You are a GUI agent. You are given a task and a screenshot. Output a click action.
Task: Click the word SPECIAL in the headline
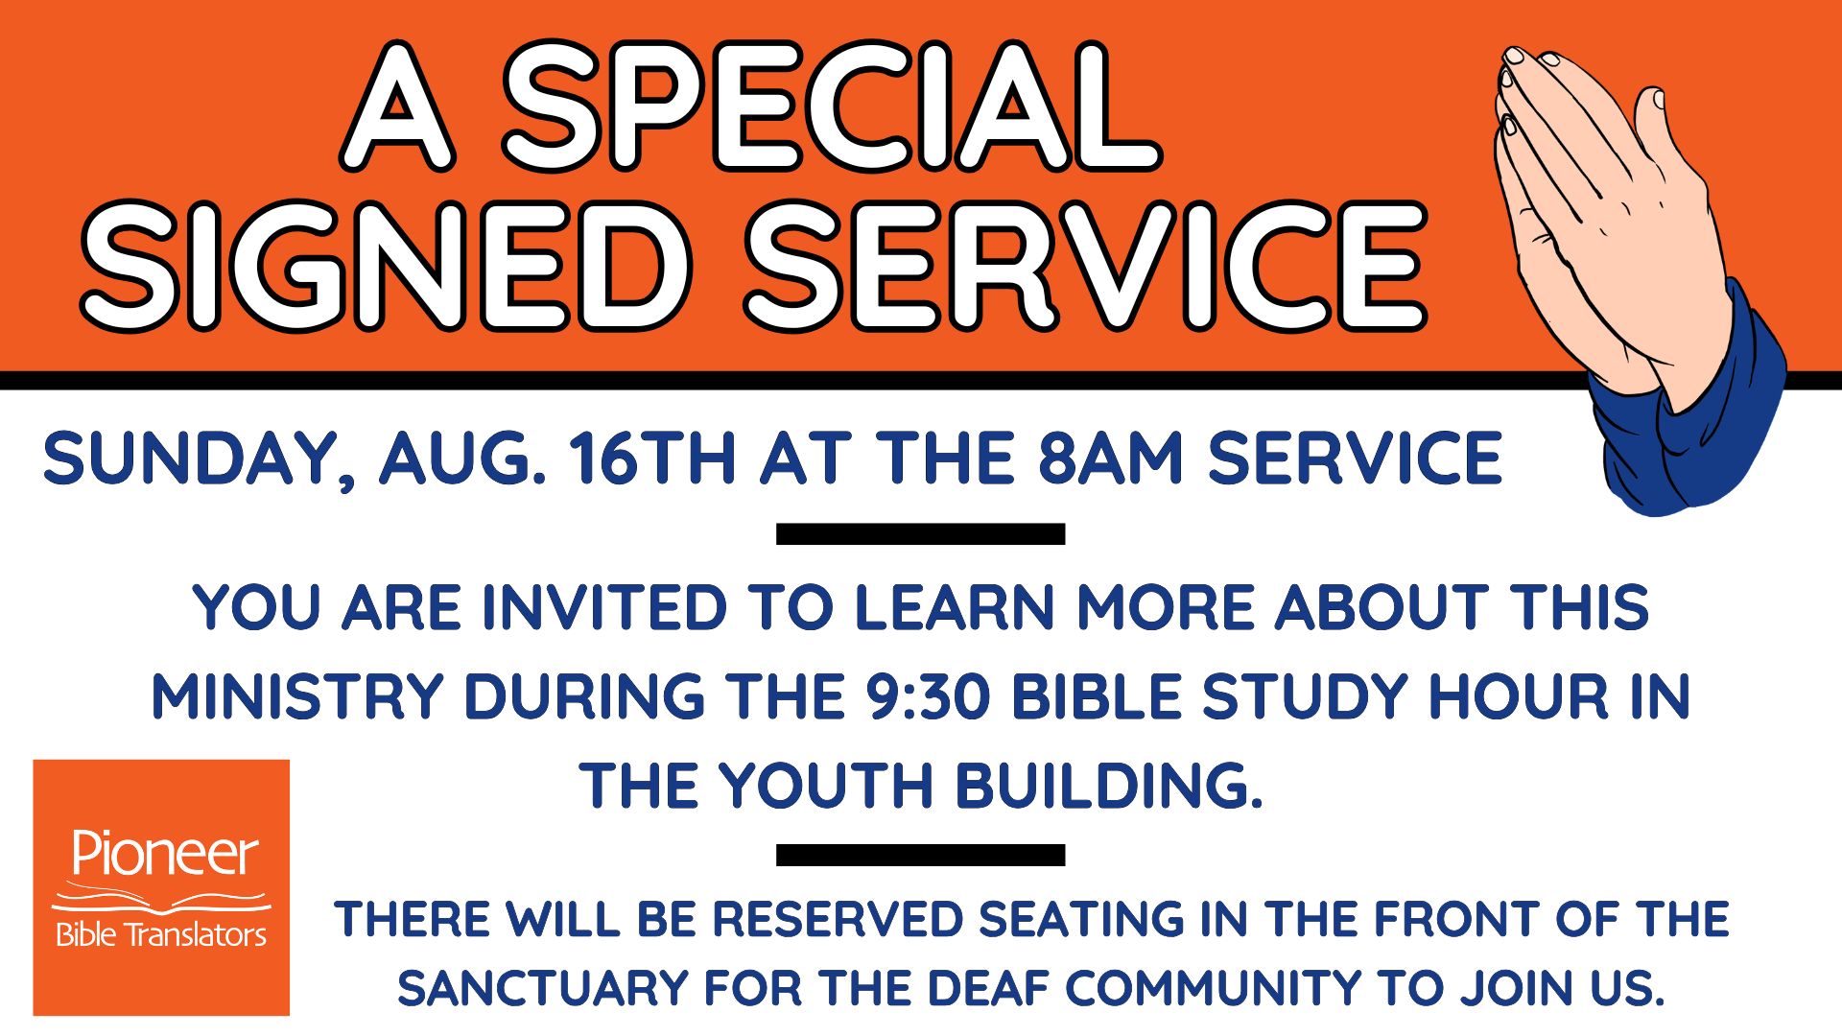(x=833, y=106)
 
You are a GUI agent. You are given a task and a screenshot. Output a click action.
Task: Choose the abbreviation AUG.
(x=463, y=458)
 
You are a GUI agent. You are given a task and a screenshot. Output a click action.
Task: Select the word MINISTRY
(x=297, y=696)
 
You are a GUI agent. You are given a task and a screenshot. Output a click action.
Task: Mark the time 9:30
(x=928, y=696)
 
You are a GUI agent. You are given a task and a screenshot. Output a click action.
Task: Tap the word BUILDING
(x=1109, y=786)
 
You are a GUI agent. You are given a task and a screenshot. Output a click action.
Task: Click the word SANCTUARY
(x=543, y=989)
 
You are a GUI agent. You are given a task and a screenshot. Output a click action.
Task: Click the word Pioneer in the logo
(x=165, y=853)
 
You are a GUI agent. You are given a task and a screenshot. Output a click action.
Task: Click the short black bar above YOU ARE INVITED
(x=921, y=534)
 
